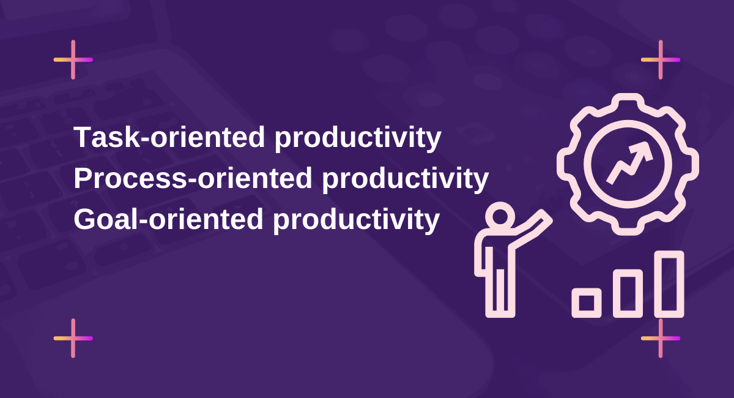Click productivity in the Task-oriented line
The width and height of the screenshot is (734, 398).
coord(357,139)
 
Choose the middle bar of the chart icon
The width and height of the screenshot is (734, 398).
coord(628,293)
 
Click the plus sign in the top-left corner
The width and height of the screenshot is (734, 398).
coord(73,59)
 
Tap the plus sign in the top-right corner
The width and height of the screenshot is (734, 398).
coord(661,59)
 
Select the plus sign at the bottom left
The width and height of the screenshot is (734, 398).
coord(73,338)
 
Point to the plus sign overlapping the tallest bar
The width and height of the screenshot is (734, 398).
coord(661,338)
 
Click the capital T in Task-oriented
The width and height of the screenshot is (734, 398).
coord(83,138)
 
